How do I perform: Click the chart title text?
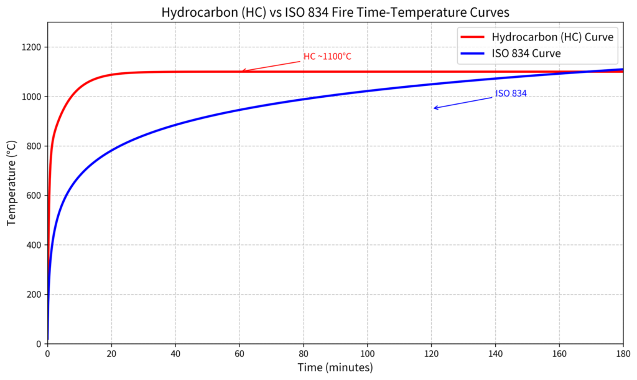[335, 12]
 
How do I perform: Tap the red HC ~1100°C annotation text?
[327, 57]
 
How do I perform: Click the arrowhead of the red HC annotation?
[243, 71]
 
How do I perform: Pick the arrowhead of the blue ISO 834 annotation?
[435, 108]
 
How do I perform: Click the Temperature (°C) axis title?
[11, 183]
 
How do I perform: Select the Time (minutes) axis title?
[335, 368]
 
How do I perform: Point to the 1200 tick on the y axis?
[32, 47]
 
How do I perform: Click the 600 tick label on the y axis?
[34, 196]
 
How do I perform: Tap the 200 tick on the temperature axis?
[34, 295]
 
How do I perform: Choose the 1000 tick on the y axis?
[32, 97]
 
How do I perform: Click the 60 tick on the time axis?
[239, 353]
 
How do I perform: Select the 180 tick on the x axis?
[623, 353]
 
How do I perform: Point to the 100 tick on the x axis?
[367, 353]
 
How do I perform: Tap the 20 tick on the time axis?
[111, 353]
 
